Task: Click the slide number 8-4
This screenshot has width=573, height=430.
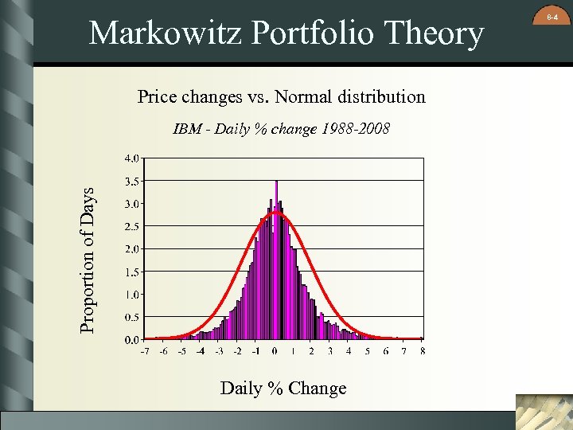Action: coord(552,15)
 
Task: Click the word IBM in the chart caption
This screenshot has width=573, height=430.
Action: coord(187,128)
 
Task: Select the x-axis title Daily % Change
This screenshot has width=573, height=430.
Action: coord(283,389)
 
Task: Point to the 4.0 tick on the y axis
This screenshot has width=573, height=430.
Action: coord(132,158)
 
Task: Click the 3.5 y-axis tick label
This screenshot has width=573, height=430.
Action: coord(132,181)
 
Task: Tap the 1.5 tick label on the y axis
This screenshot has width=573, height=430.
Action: coord(132,272)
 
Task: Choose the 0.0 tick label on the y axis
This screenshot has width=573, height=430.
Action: coord(132,339)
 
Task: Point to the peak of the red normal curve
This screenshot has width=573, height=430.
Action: coord(275,212)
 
